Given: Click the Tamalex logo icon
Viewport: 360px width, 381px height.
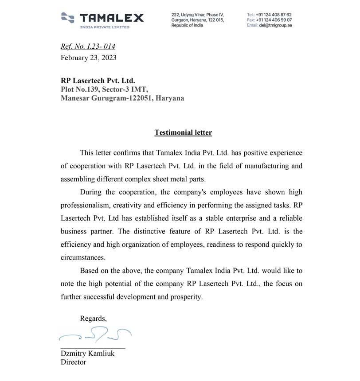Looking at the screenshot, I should pyautogui.click(x=68, y=17).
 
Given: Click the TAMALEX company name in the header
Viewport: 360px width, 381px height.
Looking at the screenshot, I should pyautogui.click(x=112, y=18).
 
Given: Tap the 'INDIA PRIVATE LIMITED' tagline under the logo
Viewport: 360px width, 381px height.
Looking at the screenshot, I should pyautogui.click(x=105, y=27).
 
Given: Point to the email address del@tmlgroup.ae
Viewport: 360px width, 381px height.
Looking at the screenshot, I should pyautogui.click(x=275, y=25).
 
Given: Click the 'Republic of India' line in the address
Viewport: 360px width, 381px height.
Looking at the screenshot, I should pyautogui.click(x=187, y=25).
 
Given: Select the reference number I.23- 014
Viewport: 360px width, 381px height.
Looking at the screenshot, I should pyautogui.click(x=103, y=47).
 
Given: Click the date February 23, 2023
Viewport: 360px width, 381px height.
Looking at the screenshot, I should pyautogui.click(x=89, y=58).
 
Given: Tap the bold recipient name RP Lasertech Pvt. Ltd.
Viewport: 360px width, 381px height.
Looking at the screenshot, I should pyautogui.click(x=98, y=81).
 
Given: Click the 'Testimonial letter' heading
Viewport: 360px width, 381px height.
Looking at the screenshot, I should pyautogui.click(x=183, y=132).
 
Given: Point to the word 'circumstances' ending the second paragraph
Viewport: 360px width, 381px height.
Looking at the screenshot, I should pyautogui.click(x=83, y=257).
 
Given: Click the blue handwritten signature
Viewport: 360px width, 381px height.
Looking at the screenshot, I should pyautogui.click(x=95, y=334).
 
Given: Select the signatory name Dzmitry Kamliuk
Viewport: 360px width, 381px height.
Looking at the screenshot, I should pyautogui.click(x=87, y=354).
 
